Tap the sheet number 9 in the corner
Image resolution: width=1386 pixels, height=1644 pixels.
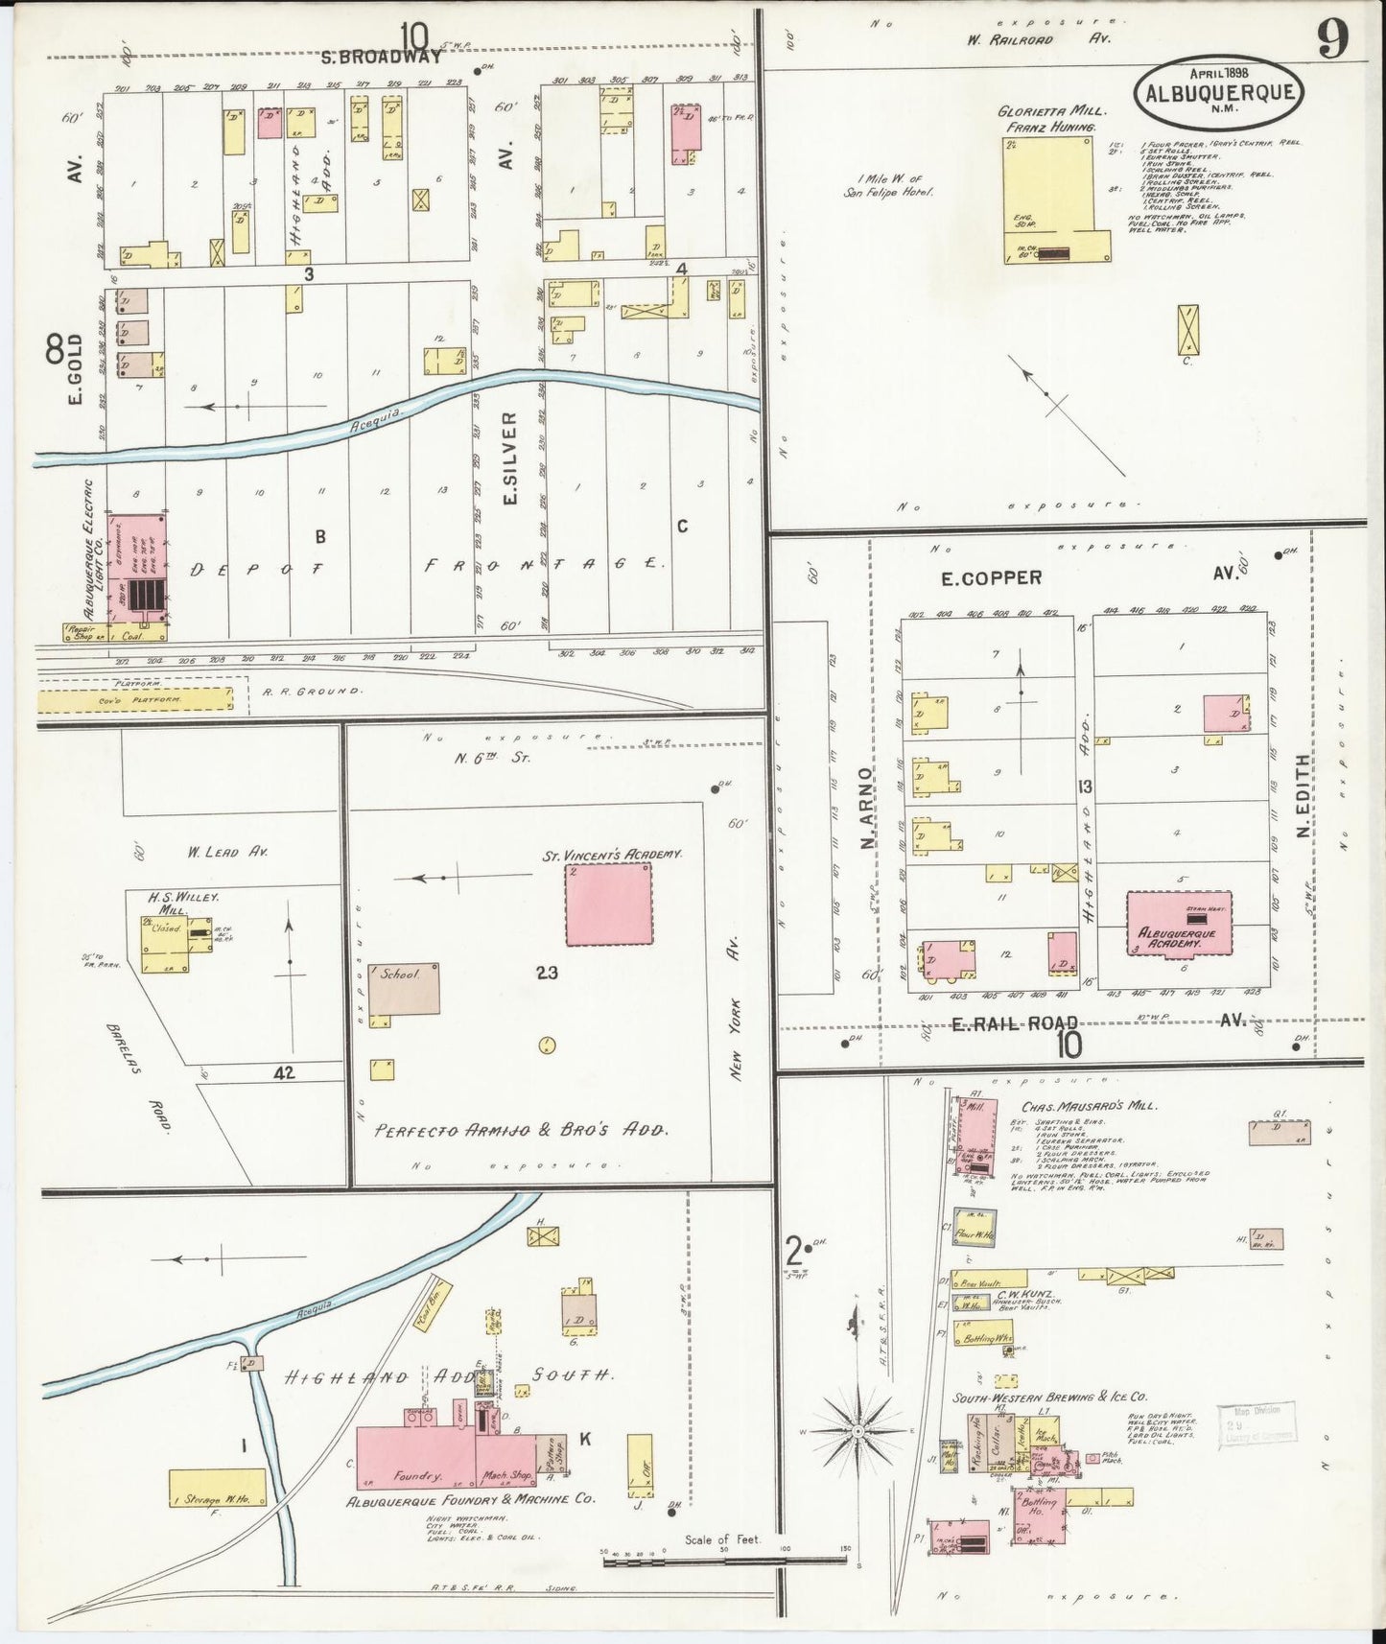[1332, 39]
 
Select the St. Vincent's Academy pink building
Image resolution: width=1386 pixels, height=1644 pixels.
[608, 904]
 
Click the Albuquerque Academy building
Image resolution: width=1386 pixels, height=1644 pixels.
[1178, 924]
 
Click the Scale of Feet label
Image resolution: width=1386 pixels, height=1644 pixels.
[721, 1539]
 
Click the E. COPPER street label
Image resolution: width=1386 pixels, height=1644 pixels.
[991, 577]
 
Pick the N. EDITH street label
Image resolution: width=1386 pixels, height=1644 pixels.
[1304, 795]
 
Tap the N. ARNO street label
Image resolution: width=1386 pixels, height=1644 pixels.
[866, 808]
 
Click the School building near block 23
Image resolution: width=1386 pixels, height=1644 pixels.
[405, 988]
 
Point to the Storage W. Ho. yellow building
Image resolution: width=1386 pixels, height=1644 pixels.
[218, 1487]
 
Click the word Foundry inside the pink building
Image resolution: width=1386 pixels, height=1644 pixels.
[416, 1476]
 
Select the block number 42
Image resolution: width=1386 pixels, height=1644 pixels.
[283, 1073]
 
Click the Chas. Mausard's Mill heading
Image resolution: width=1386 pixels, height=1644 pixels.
[1089, 1106]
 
